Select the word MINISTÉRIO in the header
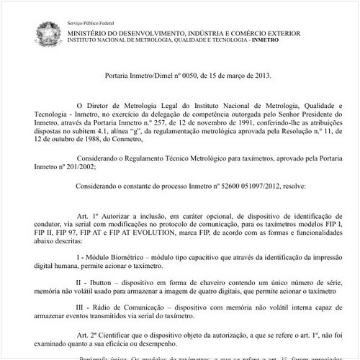(91, 32)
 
